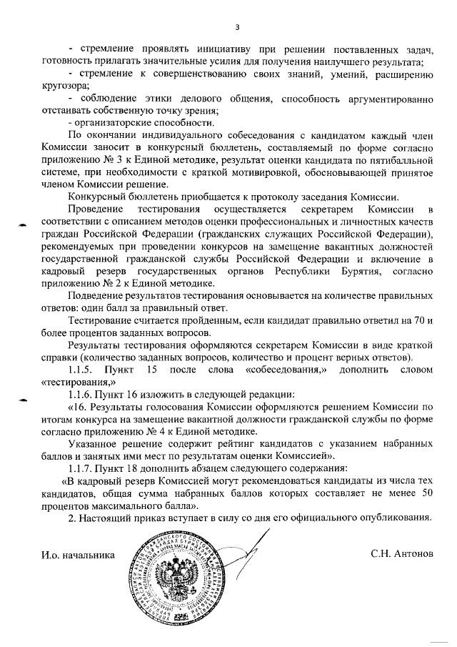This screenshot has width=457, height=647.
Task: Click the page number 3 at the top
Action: (238, 28)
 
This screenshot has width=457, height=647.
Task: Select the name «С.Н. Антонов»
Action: (401, 554)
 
